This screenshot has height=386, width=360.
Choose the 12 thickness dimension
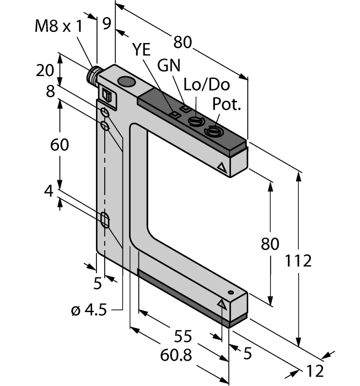pos(314,371)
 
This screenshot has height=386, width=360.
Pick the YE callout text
pos(142,50)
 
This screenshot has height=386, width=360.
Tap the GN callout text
pos(169,65)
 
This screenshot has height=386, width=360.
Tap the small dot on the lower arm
pos(232,292)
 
